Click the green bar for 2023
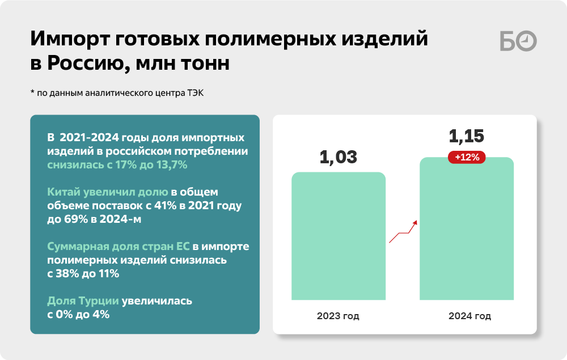click(338, 236)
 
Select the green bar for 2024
click(467, 228)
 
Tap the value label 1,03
click(338, 157)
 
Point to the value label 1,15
click(467, 136)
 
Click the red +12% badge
click(467, 157)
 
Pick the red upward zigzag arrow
click(403, 232)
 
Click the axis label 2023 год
click(338, 316)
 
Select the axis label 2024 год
click(469, 316)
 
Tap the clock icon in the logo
click(527, 41)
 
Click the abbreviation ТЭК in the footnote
click(195, 93)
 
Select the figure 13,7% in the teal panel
click(172, 165)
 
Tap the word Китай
click(64, 192)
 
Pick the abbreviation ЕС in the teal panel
click(183, 246)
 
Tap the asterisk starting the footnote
click(32, 92)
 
